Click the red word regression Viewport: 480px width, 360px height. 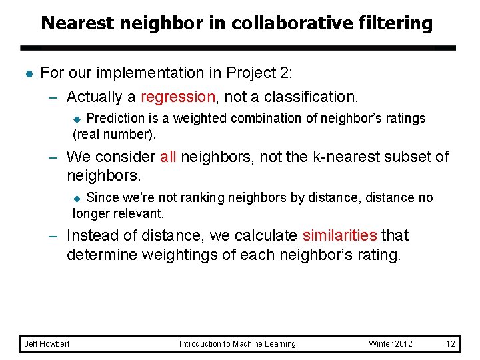coord(178,97)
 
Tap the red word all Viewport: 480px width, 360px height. coord(168,157)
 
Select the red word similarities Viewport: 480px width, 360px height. coord(340,236)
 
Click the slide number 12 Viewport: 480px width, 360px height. coord(451,344)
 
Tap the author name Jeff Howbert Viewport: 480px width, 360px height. coord(47,344)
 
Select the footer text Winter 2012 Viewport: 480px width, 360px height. coord(391,344)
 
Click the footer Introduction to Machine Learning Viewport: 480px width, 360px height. coord(237,344)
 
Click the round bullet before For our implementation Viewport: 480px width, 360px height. coord(26,73)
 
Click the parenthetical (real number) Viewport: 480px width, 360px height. coord(114,134)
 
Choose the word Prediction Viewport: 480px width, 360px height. coord(115,118)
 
